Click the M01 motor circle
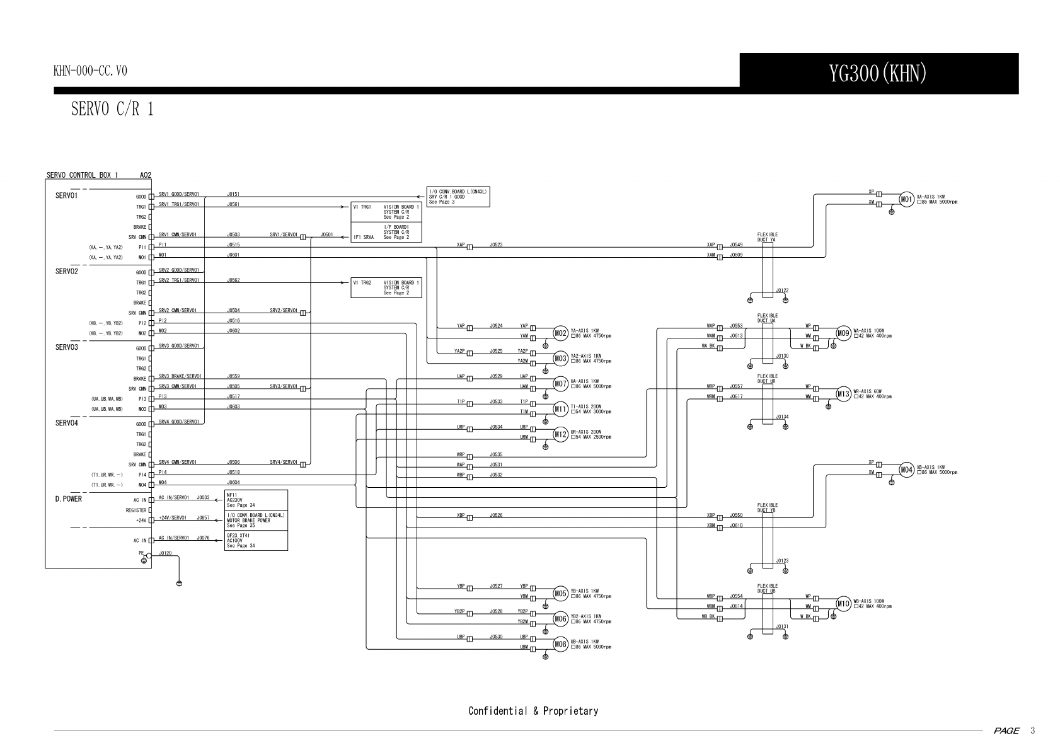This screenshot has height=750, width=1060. click(x=906, y=200)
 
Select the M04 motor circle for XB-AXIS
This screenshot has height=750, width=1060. click(x=906, y=470)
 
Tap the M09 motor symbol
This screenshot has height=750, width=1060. click(x=843, y=333)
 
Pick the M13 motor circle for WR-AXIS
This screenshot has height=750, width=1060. click(x=843, y=394)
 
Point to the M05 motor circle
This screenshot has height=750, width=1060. click(x=561, y=593)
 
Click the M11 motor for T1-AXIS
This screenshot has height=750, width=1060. click(x=561, y=409)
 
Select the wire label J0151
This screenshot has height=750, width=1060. click(x=233, y=194)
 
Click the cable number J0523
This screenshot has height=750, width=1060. click(x=496, y=245)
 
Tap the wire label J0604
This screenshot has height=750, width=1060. click(x=233, y=482)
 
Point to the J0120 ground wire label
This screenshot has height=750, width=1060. click(x=165, y=553)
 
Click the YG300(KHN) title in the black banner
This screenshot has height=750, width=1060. click(x=878, y=74)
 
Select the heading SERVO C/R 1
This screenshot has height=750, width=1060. click(x=112, y=109)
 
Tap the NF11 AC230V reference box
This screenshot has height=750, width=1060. click(x=256, y=500)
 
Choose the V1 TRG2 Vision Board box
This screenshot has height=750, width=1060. click(x=386, y=287)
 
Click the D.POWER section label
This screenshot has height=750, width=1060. click(x=68, y=499)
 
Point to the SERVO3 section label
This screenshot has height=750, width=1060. click(x=66, y=347)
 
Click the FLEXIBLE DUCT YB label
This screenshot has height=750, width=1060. click(x=767, y=507)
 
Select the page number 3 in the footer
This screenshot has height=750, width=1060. click(x=1032, y=730)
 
